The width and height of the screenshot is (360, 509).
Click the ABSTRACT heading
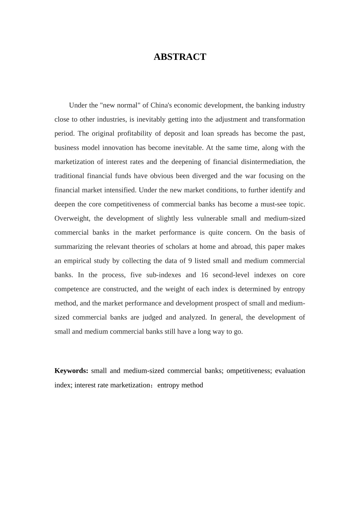180,57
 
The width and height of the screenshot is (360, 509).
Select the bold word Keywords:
71,371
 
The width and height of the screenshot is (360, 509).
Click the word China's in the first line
163,105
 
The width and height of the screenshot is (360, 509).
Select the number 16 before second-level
204,275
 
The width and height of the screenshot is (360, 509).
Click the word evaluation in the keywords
290,371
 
